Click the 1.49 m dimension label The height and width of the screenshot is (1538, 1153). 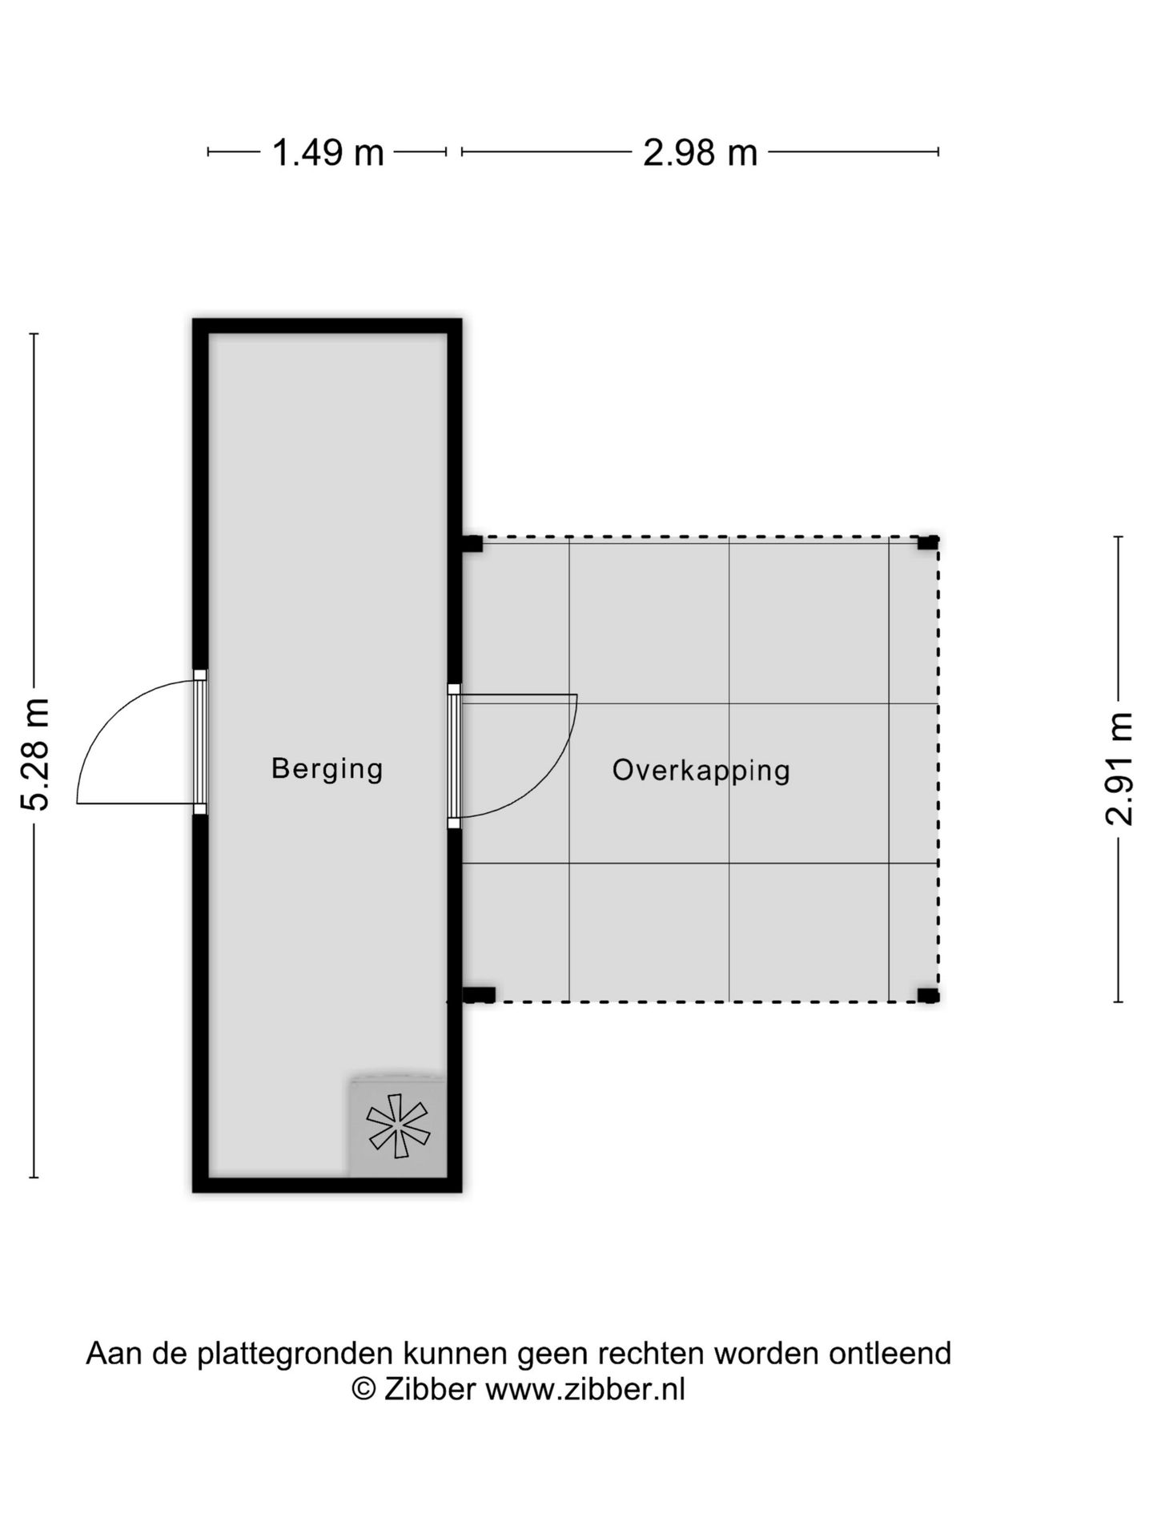coord(328,152)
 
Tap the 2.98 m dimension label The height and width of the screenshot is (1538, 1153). coord(700,152)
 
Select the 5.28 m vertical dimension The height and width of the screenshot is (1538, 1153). coord(37,754)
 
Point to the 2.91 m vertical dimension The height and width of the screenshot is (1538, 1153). coord(1119,768)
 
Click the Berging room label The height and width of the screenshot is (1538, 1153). coord(327,768)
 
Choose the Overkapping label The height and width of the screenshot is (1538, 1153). coord(701,770)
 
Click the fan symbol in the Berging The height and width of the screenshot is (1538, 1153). coord(398,1125)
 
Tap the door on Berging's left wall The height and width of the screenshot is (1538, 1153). coord(200,742)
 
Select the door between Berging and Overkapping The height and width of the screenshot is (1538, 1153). coord(454,755)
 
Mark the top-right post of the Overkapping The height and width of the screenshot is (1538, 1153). coord(927,543)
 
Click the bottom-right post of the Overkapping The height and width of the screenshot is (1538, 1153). coord(927,996)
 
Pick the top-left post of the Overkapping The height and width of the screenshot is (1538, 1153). coord(472,544)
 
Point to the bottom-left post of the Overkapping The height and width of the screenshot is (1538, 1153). coord(479,995)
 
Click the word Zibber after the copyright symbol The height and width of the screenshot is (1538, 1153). coord(430,1388)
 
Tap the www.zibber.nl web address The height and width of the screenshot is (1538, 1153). coord(585,1388)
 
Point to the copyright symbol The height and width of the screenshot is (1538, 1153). coord(364,1388)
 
